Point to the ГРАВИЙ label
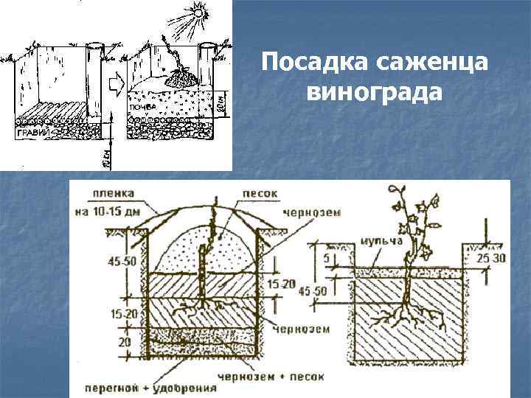point(32,133)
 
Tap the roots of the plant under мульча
point(403,317)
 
